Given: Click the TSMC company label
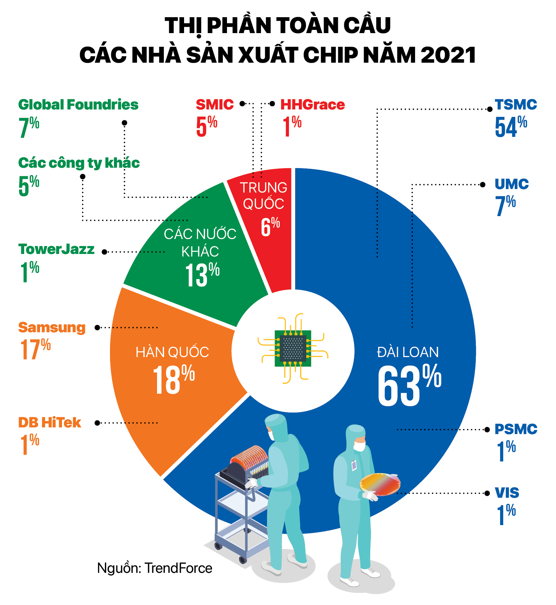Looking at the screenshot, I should (x=516, y=105).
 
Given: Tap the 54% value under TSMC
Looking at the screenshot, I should (x=511, y=127).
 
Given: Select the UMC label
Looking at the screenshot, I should (x=511, y=184).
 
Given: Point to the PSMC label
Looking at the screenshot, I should (x=516, y=429).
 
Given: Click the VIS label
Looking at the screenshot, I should (x=507, y=493).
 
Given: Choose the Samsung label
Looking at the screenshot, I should (x=52, y=327).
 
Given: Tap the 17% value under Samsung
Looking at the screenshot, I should (x=35, y=349).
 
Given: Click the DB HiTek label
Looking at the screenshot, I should (x=50, y=423).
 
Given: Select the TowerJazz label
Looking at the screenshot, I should (x=56, y=249).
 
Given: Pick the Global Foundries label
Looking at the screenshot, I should (x=78, y=105).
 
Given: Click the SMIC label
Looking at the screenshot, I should (x=215, y=105).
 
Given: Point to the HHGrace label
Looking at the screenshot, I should (x=312, y=105).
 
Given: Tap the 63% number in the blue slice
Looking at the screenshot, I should (x=409, y=385).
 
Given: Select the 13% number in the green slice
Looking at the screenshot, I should (x=202, y=274).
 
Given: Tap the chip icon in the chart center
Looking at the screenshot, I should (x=293, y=348).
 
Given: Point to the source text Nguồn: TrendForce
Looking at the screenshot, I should (x=154, y=568).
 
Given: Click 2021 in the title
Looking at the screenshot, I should (x=448, y=55).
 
